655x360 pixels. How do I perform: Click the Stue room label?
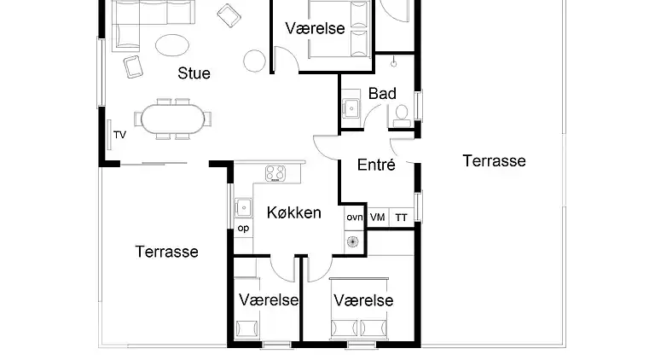[x=194, y=73]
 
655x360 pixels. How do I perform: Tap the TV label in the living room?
[x=119, y=135]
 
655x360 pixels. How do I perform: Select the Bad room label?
[x=382, y=94]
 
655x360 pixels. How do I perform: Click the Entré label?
[x=376, y=165]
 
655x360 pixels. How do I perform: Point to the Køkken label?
[x=293, y=212]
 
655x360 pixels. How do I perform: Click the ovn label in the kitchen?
[x=354, y=218]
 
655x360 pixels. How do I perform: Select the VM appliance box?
[x=377, y=218]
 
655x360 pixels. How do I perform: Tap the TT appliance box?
[x=401, y=218]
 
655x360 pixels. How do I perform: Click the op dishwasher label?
[x=243, y=228]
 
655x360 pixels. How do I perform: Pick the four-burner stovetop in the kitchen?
[x=275, y=173]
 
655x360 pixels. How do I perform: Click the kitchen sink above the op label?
[x=243, y=207]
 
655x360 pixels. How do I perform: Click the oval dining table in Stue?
[x=174, y=119]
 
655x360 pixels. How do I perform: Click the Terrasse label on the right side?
[x=494, y=160]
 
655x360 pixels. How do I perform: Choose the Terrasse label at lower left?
[x=167, y=252]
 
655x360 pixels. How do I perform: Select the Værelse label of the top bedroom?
[x=316, y=29]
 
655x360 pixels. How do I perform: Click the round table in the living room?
[x=255, y=60]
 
